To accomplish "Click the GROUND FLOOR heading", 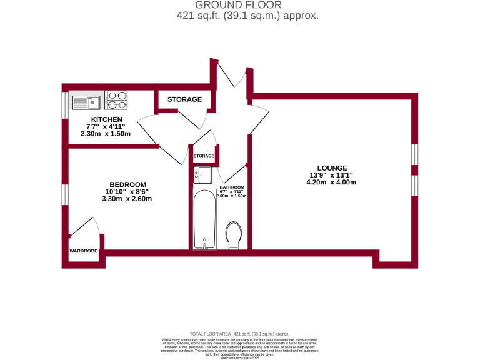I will pos(239,4).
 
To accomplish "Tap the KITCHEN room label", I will pos(106,119).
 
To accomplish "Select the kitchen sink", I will pos(87,100).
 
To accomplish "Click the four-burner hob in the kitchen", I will pos(116,100).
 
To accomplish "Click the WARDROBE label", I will pos(84,251).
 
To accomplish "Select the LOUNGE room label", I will pos(332,167).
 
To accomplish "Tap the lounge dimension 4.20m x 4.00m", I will pos(331,182).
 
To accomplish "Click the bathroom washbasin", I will pos(204,174).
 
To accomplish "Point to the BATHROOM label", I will pos(231,188).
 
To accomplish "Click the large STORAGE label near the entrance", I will pos(184,99).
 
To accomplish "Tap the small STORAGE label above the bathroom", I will pos(204,156).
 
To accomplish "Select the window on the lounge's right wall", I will pos(414,169).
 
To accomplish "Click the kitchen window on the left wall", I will pos(65,104).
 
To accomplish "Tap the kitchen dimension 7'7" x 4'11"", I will pos(107,127).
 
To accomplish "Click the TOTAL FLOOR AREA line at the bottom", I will pos(239,334).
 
